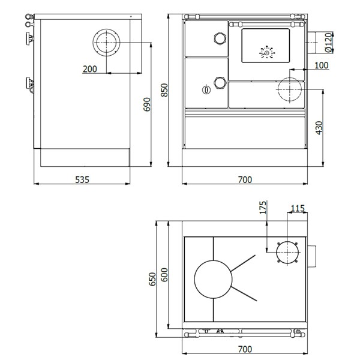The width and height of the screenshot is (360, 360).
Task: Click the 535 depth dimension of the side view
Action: point(82,178)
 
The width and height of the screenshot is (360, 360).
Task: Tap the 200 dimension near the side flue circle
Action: point(90,69)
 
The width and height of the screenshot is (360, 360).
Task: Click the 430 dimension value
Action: point(319,128)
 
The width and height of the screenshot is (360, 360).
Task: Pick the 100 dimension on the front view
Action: point(321,65)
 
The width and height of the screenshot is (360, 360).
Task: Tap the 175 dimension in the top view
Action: point(262,208)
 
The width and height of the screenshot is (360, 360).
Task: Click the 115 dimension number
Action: point(298,208)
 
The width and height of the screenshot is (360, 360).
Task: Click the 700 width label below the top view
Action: point(245,349)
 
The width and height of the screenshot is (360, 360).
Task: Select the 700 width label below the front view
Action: point(245,178)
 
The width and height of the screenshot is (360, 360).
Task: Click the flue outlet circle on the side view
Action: point(107,43)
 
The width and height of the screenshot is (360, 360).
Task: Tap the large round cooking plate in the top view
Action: point(213,278)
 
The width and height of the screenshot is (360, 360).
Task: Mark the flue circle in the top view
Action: point(287,251)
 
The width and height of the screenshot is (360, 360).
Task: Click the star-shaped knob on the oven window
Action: point(265,52)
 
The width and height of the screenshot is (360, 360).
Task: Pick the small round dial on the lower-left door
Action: point(206,90)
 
